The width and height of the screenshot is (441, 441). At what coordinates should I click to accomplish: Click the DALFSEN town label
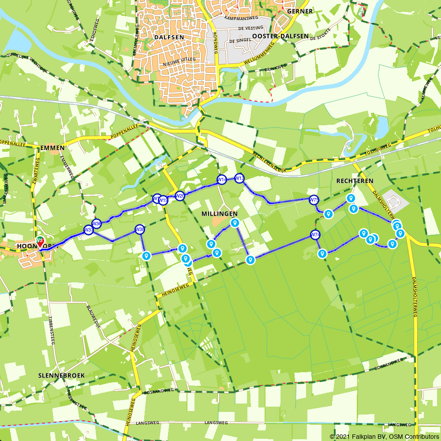(x=169, y=37)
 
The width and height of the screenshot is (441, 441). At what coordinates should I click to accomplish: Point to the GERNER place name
(x=299, y=11)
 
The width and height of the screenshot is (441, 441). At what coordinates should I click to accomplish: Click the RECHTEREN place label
(x=355, y=181)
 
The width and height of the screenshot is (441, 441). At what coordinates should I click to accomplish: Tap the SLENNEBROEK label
(x=61, y=375)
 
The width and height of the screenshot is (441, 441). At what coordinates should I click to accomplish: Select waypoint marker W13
(x=239, y=179)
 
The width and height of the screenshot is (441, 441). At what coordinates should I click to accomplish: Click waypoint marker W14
(x=221, y=180)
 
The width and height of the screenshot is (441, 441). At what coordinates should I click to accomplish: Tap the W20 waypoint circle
(x=179, y=196)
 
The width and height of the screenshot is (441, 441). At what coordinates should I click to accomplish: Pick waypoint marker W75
(x=314, y=200)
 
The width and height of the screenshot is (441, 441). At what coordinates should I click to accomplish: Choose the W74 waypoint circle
(x=314, y=235)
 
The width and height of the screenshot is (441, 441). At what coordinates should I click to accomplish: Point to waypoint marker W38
(x=139, y=229)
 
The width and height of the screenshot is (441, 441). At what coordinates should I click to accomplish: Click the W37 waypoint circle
(x=89, y=230)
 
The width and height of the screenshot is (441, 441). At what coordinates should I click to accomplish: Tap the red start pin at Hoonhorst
(x=40, y=242)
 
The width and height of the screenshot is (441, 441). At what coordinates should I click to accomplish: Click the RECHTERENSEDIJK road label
(x=270, y=162)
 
